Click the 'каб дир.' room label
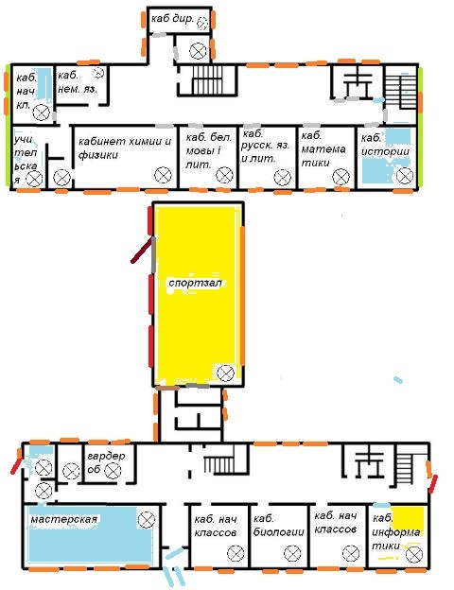click(x=172, y=18)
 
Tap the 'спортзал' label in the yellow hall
click(x=195, y=283)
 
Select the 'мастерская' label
click(x=63, y=519)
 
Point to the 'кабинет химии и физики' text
click(x=125, y=147)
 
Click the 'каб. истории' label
click(x=385, y=145)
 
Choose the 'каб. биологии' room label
click(x=278, y=526)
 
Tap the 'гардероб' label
click(x=106, y=462)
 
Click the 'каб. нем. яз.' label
click(x=78, y=82)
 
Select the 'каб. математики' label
click(x=323, y=149)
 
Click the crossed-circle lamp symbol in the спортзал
click(x=225, y=373)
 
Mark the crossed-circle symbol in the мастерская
click(x=147, y=520)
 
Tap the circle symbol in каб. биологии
click(x=292, y=553)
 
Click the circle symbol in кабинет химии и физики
click(x=163, y=175)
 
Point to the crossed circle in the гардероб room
click(x=113, y=471)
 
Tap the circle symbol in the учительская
click(x=34, y=179)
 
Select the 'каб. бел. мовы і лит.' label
click(x=208, y=151)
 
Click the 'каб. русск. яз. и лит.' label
click(x=266, y=147)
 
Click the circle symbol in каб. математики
click(x=341, y=177)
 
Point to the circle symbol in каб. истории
click(x=405, y=175)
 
